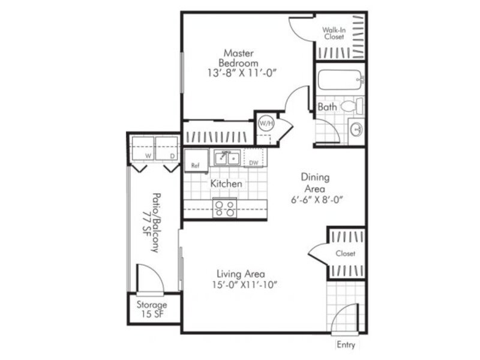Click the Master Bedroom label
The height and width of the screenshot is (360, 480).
tap(238, 58)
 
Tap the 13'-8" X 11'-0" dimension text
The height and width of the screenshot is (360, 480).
tap(242, 73)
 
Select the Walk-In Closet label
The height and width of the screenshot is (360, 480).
tap(334, 34)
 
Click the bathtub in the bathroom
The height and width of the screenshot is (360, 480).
tap(340, 80)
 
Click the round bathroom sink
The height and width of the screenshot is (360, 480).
tap(356, 130)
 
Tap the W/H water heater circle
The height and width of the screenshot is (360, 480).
tap(266, 124)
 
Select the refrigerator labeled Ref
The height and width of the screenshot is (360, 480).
tap(197, 160)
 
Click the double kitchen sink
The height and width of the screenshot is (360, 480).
tap(227, 158)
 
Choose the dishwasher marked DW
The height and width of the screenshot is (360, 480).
tap(253, 158)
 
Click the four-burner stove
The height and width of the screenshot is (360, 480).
tap(224, 208)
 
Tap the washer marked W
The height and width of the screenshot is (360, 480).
tap(143, 149)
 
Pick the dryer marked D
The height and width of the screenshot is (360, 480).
tap(167, 149)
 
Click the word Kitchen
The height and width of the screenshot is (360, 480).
tap(226, 184)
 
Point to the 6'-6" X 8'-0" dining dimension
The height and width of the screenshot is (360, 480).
tap(317, 200)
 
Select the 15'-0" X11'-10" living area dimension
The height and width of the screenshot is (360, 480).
tap(244, 285)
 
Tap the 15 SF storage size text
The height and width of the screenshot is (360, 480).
tap(152, 314)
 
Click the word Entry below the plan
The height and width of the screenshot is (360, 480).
tap(346, 345)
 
